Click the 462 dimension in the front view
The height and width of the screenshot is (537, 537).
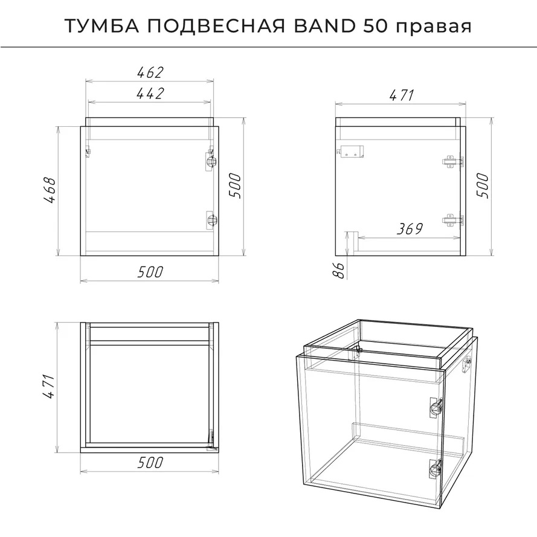tap(150, 72)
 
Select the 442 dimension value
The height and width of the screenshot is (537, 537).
tap(150, 94)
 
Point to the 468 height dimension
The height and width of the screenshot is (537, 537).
tap(50, 190)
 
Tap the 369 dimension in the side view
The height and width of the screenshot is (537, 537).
tap(410, 229)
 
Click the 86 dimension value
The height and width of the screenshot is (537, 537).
tap(339, 271)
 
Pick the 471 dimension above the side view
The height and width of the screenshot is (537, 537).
tap(402, 95)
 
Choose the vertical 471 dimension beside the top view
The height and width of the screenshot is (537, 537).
tap(49, 387)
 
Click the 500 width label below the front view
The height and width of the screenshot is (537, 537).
tap(150, 272)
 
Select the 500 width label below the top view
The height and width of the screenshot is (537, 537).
tap(150, 463)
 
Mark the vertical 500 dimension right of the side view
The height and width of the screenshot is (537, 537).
tap(483, 186)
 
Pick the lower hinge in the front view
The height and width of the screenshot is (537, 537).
tap(211, 219)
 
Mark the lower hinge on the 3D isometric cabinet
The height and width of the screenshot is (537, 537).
tap(435, 469)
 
